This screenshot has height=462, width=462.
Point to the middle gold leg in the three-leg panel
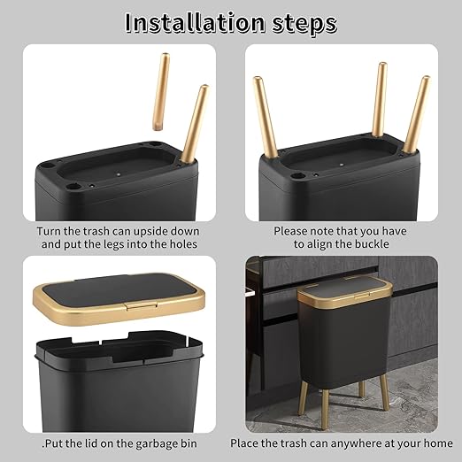380,99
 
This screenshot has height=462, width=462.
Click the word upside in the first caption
168,231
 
